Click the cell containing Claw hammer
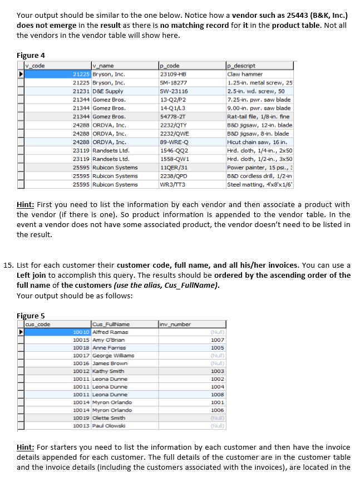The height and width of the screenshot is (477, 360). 245,74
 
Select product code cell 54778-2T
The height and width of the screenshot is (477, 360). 172,117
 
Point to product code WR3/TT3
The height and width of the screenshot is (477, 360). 173,184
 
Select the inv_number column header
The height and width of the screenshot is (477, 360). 175,324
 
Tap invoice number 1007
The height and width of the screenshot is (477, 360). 218,340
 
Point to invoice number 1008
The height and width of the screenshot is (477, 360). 218,395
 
